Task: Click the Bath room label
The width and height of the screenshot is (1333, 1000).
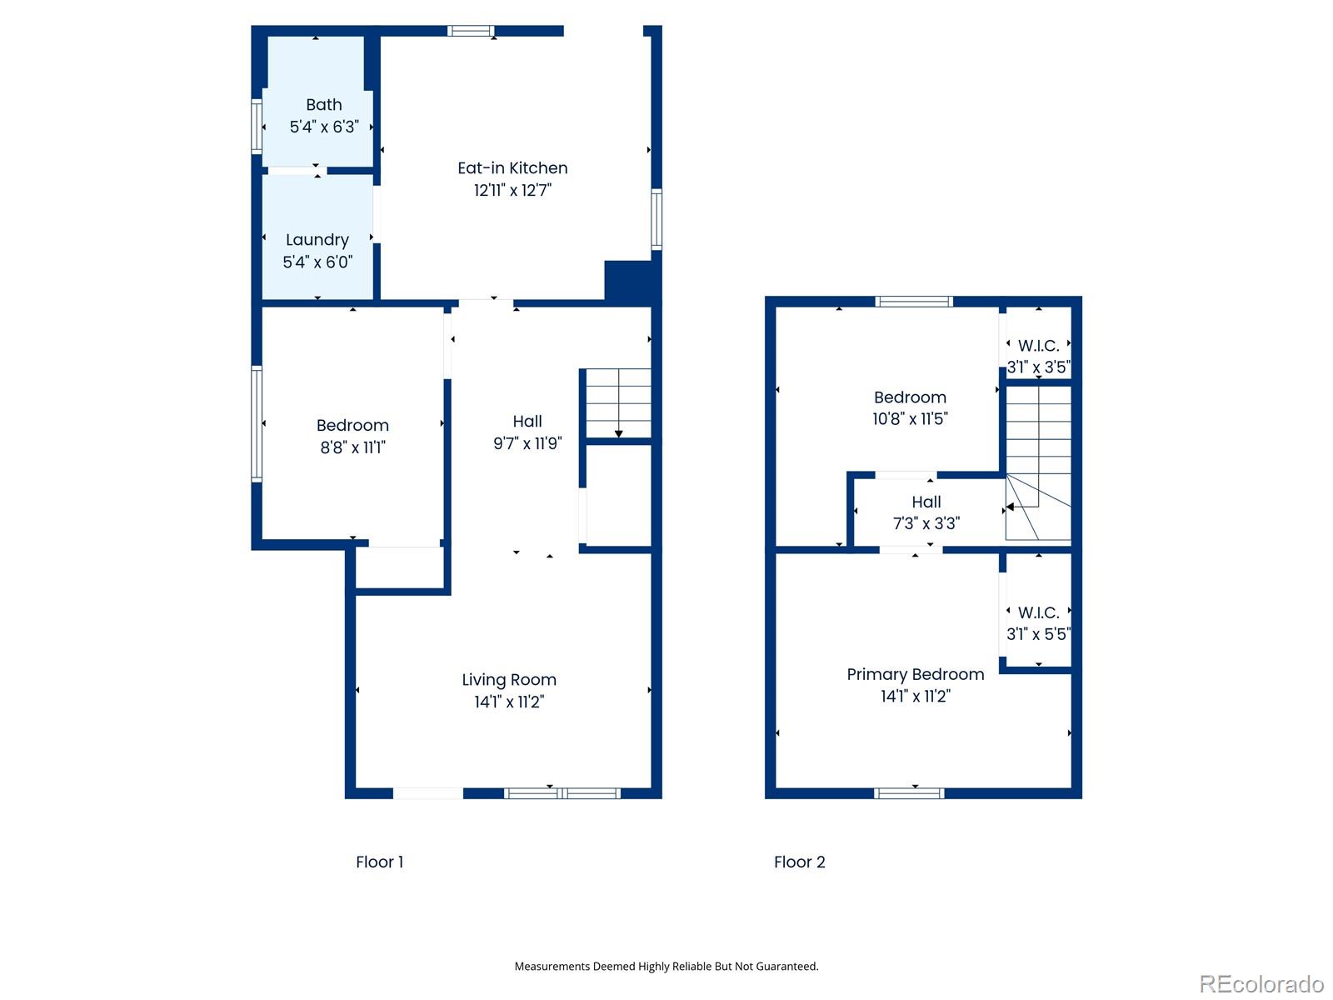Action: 323,105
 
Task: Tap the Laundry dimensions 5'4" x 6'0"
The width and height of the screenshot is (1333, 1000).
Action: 317,262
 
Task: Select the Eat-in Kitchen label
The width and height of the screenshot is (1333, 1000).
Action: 512,168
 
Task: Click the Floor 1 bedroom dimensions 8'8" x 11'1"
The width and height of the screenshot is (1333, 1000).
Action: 352,447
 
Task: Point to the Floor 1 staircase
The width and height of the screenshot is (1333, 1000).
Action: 617,403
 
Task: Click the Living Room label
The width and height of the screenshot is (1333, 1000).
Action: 509,680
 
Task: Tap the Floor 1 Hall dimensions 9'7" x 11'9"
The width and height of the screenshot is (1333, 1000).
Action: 527,443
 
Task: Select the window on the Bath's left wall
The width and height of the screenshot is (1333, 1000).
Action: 257,127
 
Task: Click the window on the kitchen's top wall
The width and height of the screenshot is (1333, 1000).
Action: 471,32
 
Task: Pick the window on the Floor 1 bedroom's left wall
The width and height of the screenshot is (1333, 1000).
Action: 257,424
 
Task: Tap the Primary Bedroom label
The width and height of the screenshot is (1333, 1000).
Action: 915,674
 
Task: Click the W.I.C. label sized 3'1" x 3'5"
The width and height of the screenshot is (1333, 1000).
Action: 1038,346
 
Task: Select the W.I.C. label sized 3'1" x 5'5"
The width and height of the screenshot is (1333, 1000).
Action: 1038,612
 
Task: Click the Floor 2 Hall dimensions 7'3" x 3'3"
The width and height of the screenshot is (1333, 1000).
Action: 926,523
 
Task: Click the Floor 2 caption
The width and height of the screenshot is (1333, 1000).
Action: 799,862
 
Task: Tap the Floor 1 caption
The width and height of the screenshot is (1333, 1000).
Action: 379,862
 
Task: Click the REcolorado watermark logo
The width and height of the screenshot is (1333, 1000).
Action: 1261,984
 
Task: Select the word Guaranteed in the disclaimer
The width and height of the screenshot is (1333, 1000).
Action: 786,967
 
